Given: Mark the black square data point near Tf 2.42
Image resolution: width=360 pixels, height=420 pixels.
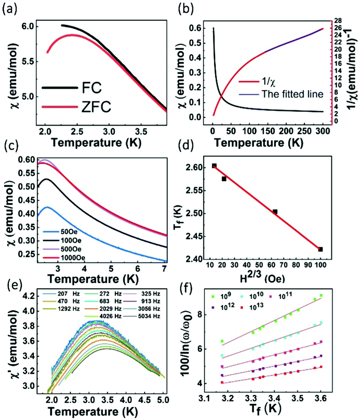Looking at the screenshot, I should click(x=320, y=249).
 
